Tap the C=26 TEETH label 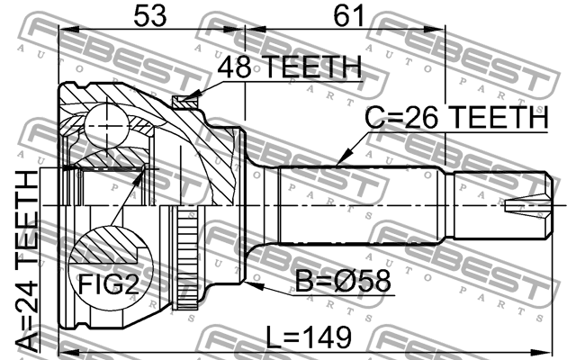click(455, 119)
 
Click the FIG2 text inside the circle click(106, 285)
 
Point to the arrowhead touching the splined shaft click(339, 162)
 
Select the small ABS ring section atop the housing click(187, 102)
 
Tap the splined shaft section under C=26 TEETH click(360, 205)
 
